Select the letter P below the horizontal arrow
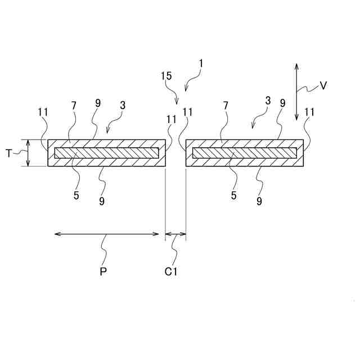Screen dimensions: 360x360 click(103, 271)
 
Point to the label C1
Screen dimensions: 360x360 click(172, 271)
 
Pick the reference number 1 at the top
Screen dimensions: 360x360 click(201, 63)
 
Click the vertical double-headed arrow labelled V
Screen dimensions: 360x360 click(296, 91)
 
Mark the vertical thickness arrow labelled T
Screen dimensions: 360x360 click(28, 153)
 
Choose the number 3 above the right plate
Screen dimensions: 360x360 click(268, 101)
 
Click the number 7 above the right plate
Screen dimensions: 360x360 click(225, 105)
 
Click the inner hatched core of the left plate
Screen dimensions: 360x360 click(107, 153)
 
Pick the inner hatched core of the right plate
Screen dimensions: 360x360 click(245, 153)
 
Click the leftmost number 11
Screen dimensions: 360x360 click(43, 112)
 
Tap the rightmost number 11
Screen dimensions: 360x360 click(309, 112)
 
